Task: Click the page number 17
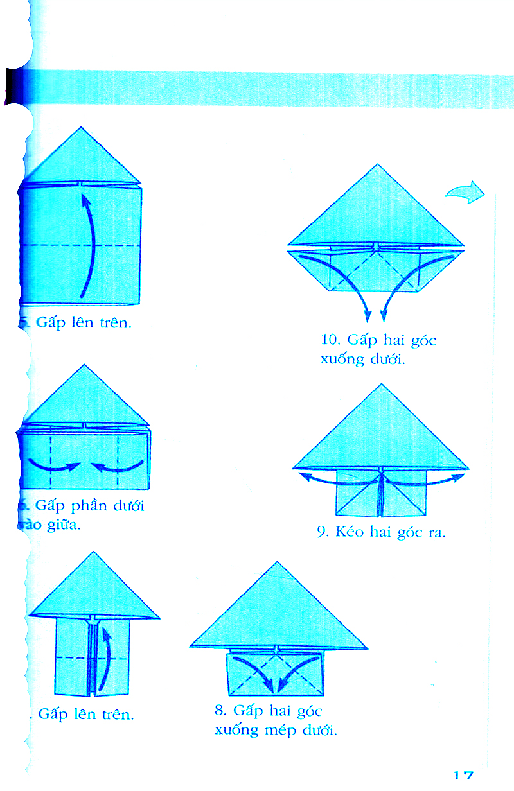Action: coord(463,775)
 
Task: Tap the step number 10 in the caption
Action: coord(330,340)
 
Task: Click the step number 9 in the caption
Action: coord(323,532)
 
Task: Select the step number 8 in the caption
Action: coord(221,711)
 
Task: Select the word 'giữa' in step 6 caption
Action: coord(63,526)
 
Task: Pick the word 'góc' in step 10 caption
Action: coord(423,340)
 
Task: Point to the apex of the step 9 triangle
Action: coord(382,385)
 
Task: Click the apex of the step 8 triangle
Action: coord(278,563)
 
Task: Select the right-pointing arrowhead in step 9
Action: coord(461,476)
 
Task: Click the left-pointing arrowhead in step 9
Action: coord(302,476)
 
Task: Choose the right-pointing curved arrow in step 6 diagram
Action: coord(55,465)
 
